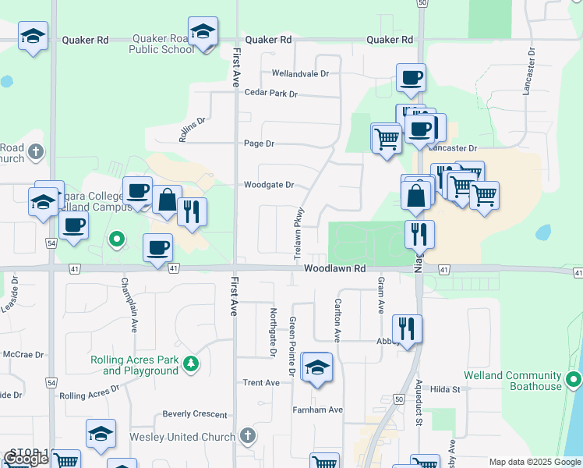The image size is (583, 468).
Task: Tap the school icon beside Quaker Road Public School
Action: [x=203, y=32]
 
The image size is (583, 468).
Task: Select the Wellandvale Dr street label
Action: [x=300, y=73]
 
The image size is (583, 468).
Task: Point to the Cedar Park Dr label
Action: [x=271, y=94]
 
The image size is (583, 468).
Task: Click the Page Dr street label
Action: [x=260, y=144]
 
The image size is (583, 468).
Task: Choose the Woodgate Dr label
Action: [x=268, y=185]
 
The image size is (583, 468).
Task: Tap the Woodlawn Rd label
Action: [x=334, y=268]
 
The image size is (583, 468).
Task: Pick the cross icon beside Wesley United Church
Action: [x=247, y=436]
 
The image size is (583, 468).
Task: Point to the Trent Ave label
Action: [x=261, y=383]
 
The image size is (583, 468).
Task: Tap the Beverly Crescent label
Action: [x=194, y=413]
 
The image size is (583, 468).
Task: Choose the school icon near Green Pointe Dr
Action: [x=317, y=367]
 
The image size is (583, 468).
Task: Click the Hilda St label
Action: [x=447, y=389]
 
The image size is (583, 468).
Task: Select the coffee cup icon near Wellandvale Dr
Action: [x=411, y=78]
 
